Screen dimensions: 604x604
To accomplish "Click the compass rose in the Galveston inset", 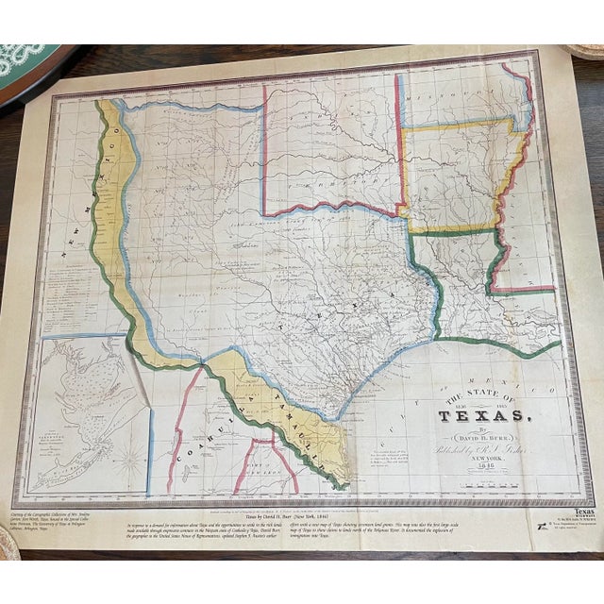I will [131, 462].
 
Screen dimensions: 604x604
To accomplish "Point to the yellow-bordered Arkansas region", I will [453, 175].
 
